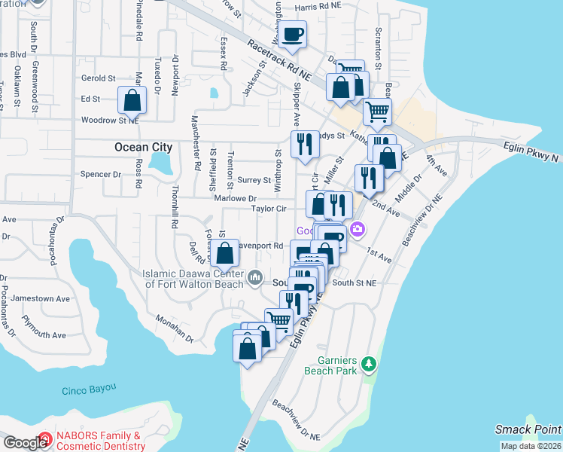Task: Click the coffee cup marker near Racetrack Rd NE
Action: (294, 35)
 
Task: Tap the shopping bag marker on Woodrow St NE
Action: (132, 100)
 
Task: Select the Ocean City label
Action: (144, 148)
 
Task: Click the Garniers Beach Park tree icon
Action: (368, 365)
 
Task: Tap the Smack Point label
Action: (528, 429)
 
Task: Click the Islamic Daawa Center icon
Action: (255, 277)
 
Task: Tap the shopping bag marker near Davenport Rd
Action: (224, 254)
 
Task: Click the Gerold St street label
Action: (98, 78)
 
